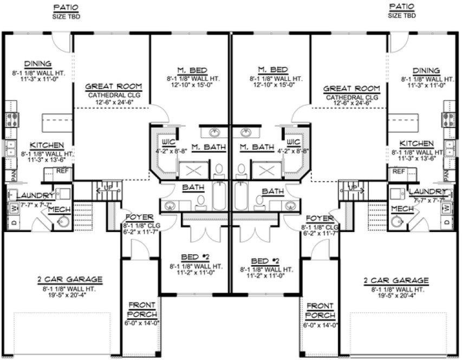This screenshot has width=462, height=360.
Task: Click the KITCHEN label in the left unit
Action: [x=47, y=145]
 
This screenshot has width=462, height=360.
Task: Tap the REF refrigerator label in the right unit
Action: [x=399, y=171]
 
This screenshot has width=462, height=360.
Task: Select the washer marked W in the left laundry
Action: [x=12, y=208]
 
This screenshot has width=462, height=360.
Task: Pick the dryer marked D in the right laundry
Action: [x=447, y=222]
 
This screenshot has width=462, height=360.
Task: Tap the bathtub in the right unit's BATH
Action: [x=242, y=197]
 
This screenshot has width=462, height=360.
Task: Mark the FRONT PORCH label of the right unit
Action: [x=320, y=310]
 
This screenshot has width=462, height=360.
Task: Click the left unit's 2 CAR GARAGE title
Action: [x=70, y=280]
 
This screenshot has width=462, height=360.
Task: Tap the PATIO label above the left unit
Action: [x=66, y=7]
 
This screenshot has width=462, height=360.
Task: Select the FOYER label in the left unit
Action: [x=133, y=218]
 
